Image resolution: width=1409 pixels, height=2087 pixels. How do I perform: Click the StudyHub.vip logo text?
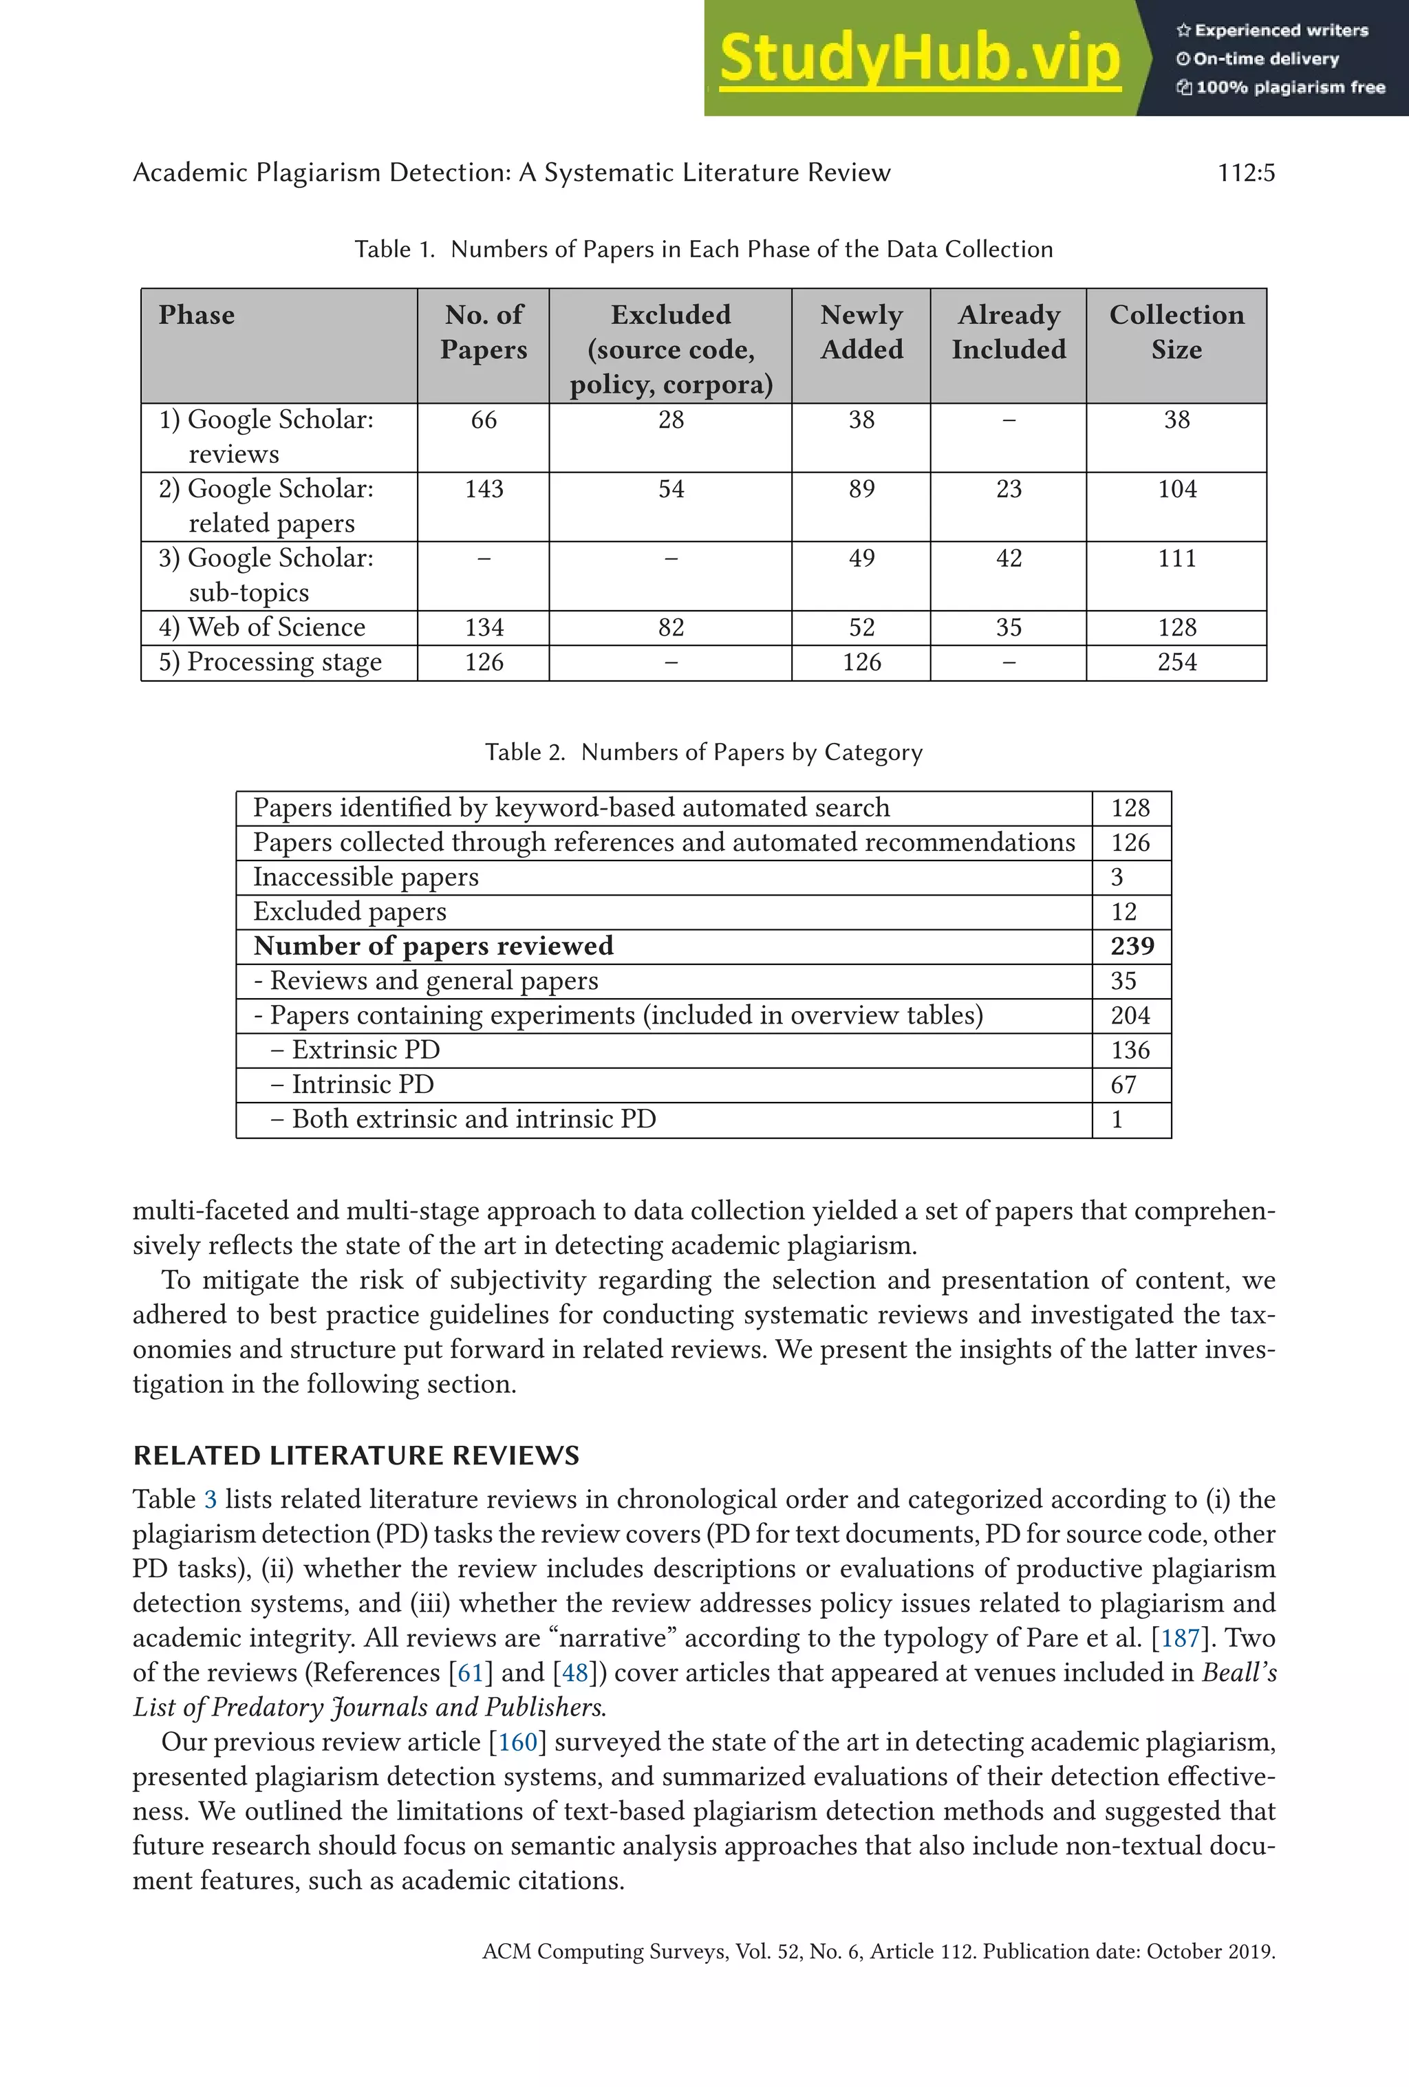[x=920, y=58]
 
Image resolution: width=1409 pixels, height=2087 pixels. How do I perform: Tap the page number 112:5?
[x=1245, y=173]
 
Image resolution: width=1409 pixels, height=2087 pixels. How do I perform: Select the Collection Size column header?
[x=1176, y=332]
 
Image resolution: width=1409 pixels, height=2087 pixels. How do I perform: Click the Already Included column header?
[x=1009, y=332]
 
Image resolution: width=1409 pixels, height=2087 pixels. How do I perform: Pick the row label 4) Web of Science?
[x=262, y=627]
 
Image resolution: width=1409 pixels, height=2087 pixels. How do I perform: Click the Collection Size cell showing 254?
[x=1176, y=662]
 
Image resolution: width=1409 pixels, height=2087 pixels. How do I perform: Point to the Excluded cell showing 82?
[x=671, y=627]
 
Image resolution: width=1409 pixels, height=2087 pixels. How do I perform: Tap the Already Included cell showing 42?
[x=1009, y=559]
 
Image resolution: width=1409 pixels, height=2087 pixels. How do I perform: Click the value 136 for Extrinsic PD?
[x=1130, y=1050]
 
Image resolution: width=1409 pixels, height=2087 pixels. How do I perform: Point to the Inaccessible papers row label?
[x=365, y=876]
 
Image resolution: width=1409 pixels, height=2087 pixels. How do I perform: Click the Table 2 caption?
[x=703, y=753]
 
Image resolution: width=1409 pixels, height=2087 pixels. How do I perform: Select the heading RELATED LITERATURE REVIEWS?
[x=356, y=1455]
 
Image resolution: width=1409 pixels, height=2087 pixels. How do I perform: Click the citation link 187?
[x=1180, y=1638]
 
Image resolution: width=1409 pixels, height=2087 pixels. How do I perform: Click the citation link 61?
[x=471, y=1673]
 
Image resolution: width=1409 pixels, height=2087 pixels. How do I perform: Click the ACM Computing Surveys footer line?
[x=879, y=1951]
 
